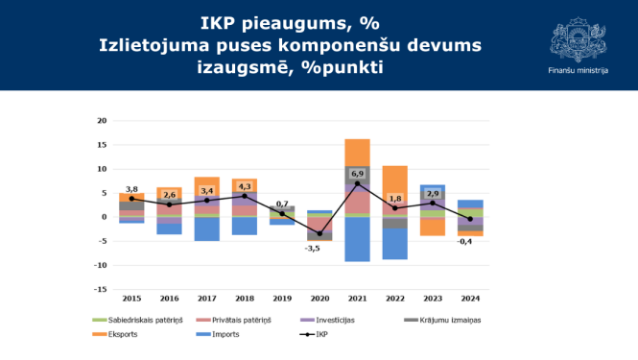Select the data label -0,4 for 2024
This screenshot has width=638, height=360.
(x=464, y=241)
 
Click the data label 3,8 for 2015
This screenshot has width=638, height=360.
(x=131, y=189)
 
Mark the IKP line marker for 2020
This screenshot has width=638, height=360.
(x=319, y=233)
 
